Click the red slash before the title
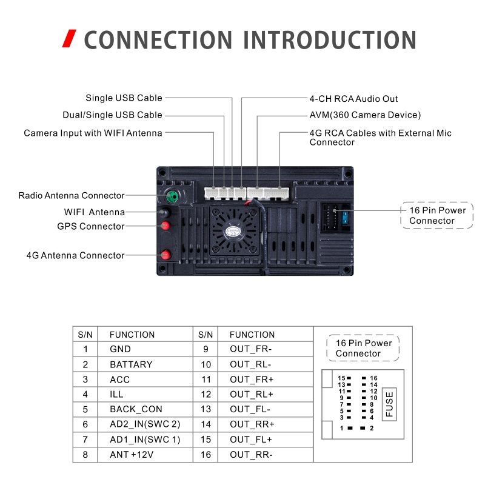70,39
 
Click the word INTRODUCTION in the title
330,40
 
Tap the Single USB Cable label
124,98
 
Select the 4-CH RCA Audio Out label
353,99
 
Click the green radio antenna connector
172,196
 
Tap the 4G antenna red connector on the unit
164,255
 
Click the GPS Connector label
90,227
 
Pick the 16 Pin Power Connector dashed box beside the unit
437,215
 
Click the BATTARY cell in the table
131,364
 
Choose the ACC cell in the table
119,380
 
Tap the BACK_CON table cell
136,409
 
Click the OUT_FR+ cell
252,380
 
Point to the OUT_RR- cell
251,454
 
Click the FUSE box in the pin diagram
389,404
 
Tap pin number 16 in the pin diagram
373,378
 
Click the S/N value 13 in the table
206,409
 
